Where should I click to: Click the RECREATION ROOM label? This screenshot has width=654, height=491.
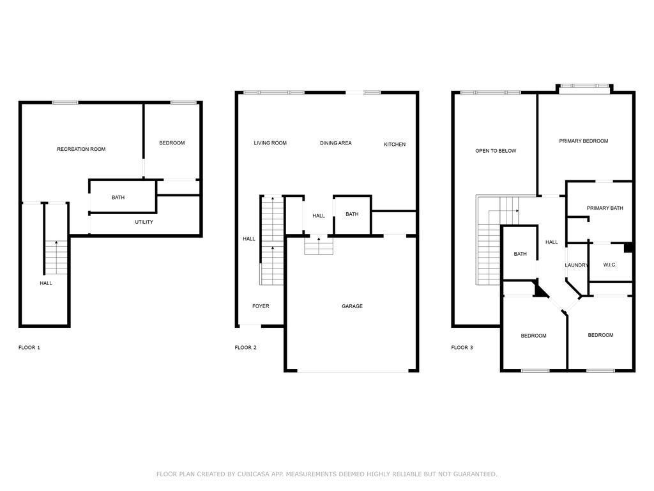point(81,149)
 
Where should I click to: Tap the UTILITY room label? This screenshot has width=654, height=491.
point(144,222)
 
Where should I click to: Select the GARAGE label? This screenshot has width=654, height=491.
point(352,306)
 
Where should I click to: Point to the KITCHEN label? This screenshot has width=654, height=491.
point(395,144)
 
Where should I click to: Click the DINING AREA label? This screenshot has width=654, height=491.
point(336,143)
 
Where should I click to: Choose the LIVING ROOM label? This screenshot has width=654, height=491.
point(270,143)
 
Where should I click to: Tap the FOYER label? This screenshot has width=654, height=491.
point(261,306)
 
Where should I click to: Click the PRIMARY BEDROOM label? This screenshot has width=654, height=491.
point(584,141)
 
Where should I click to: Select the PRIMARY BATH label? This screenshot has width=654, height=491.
point(605,208)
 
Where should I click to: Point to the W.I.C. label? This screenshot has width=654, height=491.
point(610,265)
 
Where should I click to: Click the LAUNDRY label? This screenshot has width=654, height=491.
point(577,265)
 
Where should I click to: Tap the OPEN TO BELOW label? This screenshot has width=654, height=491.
point(496,151)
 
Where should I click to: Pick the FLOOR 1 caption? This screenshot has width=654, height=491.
point(29,347)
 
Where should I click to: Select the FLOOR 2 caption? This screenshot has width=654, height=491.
point(246,347)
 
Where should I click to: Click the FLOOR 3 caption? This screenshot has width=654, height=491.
point(462,347)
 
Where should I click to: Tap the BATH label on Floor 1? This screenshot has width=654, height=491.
point(118,198)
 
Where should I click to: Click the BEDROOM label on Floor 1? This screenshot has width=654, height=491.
point(172,143)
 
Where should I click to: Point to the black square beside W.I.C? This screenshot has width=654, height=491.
point(628,247)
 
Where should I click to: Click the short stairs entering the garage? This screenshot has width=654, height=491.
point(319,245)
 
